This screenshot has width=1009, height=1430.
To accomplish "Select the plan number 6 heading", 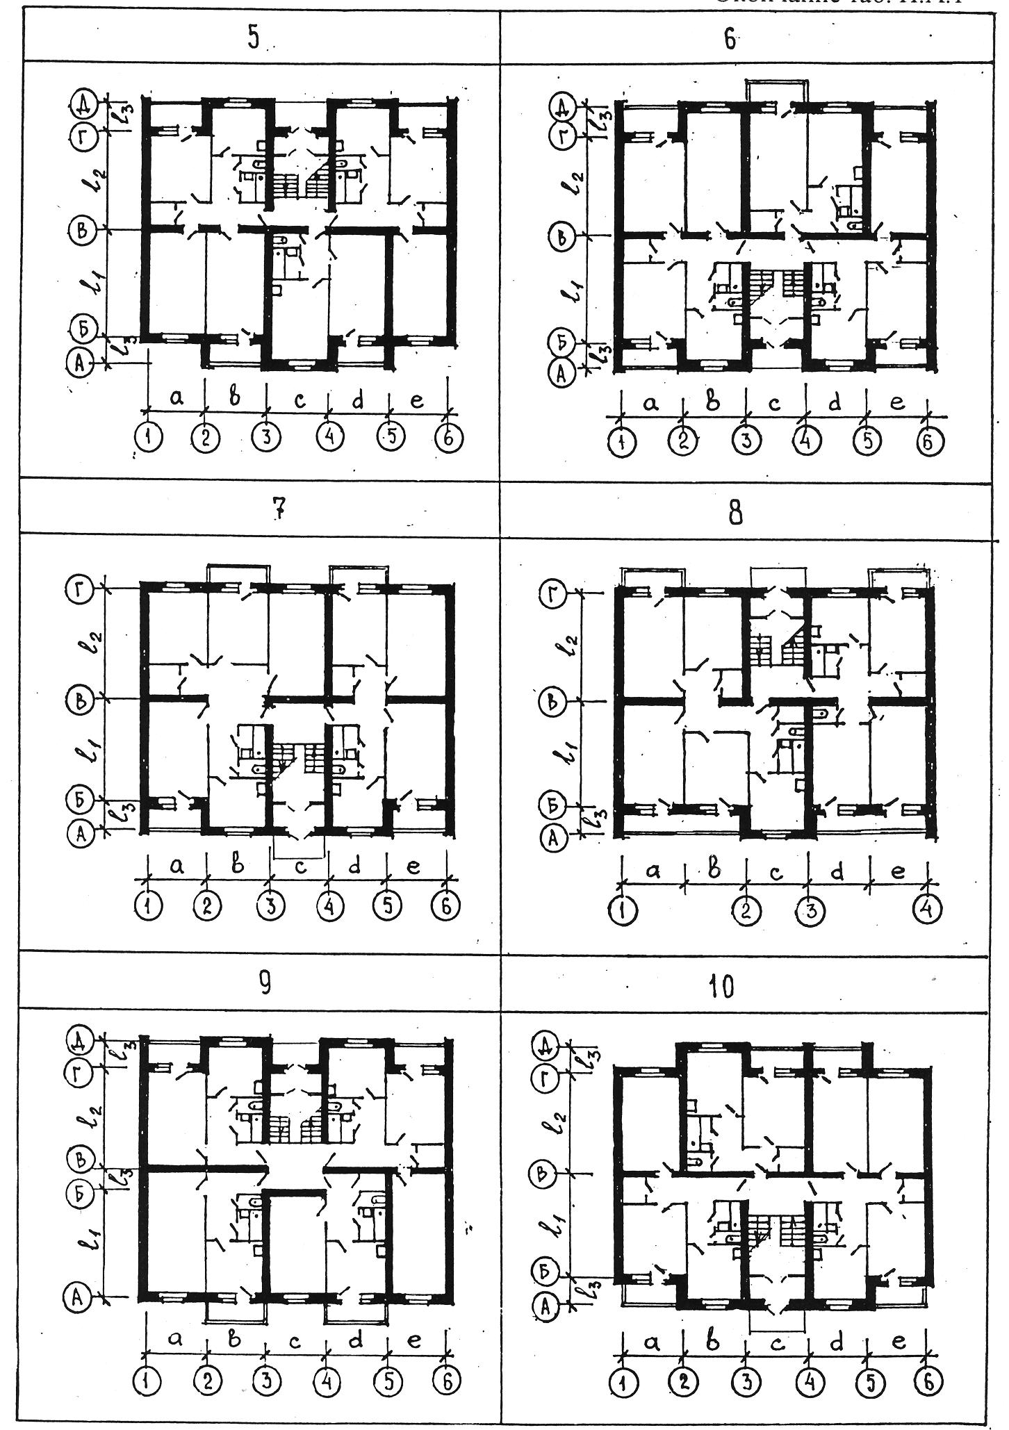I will click(x=729, y=40).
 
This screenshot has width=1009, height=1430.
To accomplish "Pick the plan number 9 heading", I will click(x=265, y=985).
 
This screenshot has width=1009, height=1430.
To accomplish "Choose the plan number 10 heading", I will click(x=723, y=986).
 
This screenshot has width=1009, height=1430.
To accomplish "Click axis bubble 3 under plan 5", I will click(x=268, y=439).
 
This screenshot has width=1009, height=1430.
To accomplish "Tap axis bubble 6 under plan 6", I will click(x=927, y=443).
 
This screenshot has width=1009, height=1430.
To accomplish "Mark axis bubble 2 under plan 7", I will click(x=207, y=906).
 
